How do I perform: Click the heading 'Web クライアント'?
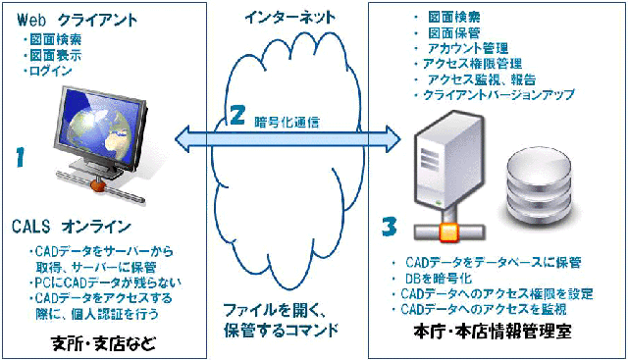(78, 20)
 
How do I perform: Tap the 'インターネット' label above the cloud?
(290, 18)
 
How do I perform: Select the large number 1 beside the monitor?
(21, 157)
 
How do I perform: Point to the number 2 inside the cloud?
(237, 115)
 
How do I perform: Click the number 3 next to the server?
(389, 227)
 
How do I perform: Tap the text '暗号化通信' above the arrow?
(288, 123)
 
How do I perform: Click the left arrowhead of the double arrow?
(183, 139)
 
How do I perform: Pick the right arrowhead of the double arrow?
(392, 139)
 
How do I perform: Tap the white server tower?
(447, 161)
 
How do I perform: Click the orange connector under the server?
(448, 231)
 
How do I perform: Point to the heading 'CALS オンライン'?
(72, 227)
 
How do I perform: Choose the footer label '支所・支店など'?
(104, 343)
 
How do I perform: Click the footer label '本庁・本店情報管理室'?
(493, 332)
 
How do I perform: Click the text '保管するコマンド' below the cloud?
(281, 330)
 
